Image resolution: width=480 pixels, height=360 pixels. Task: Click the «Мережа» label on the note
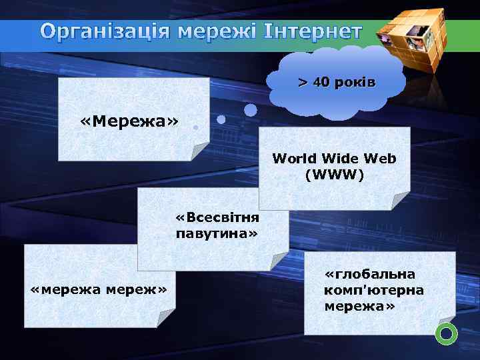129,122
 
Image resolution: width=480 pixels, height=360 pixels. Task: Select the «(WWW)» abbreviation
334,175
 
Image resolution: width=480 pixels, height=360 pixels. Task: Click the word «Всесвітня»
217,218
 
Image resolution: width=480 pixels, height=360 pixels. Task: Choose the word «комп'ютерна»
373,290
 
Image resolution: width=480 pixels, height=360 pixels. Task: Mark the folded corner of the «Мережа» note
199,151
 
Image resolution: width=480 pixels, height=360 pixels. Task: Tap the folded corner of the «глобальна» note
445,325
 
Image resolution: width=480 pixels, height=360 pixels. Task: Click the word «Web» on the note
381,159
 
